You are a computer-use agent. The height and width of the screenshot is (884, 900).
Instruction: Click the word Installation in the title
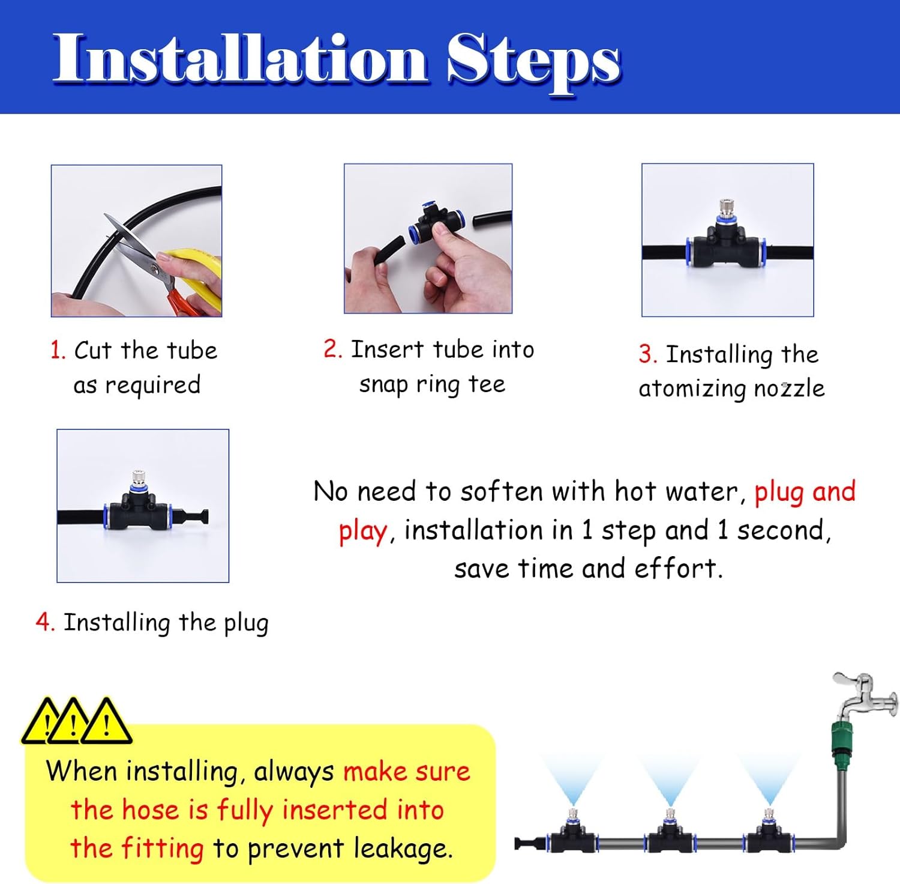click(240, 59)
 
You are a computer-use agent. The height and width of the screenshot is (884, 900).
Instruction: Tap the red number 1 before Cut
click(57, 350)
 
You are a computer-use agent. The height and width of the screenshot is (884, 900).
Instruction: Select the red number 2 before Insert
click(332, 348)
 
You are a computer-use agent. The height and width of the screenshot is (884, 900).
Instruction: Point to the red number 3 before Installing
click(647, 354)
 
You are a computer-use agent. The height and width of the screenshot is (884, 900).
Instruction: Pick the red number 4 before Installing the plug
click(44, 622)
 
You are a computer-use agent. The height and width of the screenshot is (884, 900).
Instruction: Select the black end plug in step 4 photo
click(199, 516)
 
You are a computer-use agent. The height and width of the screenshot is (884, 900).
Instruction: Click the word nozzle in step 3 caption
click(789, 388)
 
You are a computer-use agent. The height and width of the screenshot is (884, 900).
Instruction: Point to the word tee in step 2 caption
click(487, 384)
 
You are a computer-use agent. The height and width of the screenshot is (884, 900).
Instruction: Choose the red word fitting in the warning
click(162, 849)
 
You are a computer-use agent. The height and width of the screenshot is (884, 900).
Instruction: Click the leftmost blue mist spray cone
click(573, 778)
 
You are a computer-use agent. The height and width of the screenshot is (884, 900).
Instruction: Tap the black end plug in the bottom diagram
click(527, 843)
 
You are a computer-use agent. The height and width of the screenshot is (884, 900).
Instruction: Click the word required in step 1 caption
click(152, 385)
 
